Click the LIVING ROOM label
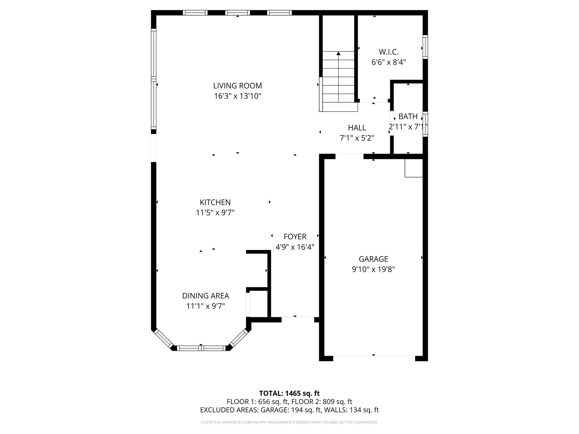click(x=237, y=86)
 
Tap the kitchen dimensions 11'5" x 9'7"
click(x=215, y=212)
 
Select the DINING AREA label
click(x=206, y=296)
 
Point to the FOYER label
click(x=295, y=236)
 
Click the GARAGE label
click(x=373, y=259)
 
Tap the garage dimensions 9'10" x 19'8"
click(x=373, y=269)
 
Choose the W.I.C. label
click(x=389, y=52)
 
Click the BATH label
click(x=408, y=116)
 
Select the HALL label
click(x=357, y=128)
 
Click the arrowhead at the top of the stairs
click(x=338, y=53)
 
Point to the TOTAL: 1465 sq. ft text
click(x=289, y=393)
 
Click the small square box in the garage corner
click(x=414, y=168)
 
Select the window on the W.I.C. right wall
click(x=425, y=47)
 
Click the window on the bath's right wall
click(x=425, y=124)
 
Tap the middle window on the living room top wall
click(x=237, y=13)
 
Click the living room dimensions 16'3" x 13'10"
click(x=237, y=96)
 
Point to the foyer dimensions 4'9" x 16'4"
click(x=295, y=247)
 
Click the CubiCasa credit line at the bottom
click(x=289, y=422)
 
